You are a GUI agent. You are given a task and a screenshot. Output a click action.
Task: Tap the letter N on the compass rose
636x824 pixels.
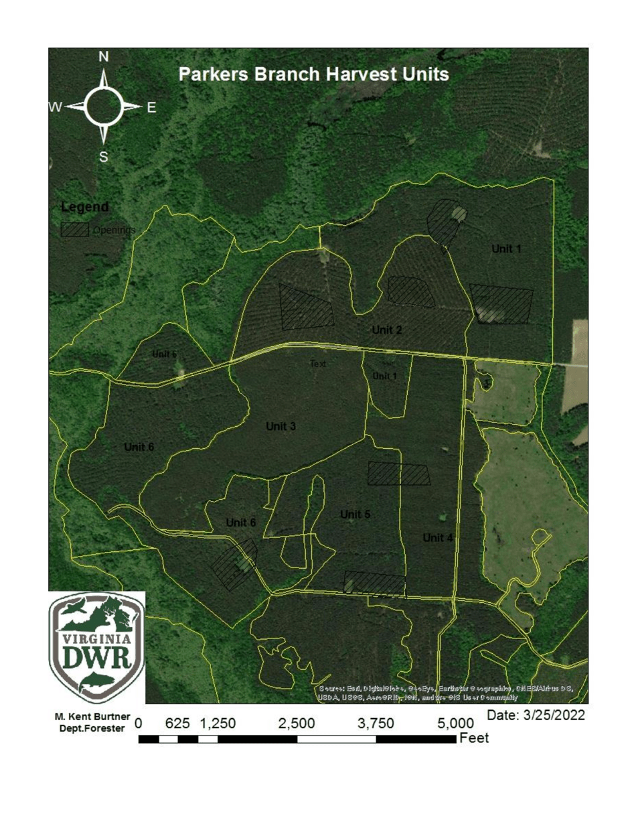coord(104,58)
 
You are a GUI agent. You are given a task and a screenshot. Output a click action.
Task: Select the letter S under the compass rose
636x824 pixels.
coord(104,157)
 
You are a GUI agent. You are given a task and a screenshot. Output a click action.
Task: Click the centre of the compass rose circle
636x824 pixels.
coord(104,107)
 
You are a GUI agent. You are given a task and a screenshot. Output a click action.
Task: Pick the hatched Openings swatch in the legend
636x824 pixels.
coord(75,229)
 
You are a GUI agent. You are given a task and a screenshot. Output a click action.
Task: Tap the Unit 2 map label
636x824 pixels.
coord(387,330)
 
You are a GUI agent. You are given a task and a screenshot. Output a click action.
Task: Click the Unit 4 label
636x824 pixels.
coord(438,537)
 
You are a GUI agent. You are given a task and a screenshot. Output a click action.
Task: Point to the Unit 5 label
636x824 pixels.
coord(355,514)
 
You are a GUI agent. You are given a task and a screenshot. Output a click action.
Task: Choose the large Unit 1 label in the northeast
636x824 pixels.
coord(507,249)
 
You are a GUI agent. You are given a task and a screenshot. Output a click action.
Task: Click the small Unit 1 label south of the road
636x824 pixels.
coord(385,376)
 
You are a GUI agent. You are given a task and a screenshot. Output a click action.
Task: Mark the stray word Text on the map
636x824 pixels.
coord(317,364)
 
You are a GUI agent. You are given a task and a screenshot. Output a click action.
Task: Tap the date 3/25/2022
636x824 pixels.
coord(536,715)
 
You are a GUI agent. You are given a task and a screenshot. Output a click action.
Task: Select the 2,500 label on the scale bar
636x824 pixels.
coord(297,724)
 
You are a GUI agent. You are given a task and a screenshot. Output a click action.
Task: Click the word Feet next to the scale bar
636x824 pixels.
coord(474,738)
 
